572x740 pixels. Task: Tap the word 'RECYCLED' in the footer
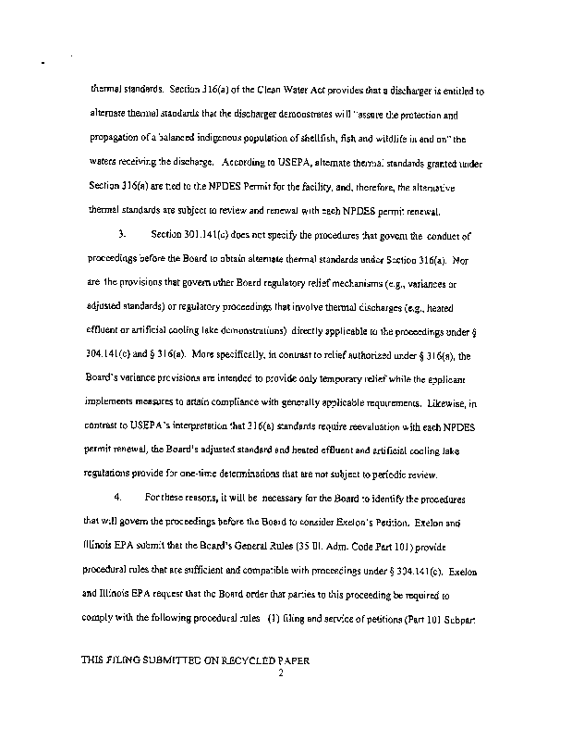coord(217,661)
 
